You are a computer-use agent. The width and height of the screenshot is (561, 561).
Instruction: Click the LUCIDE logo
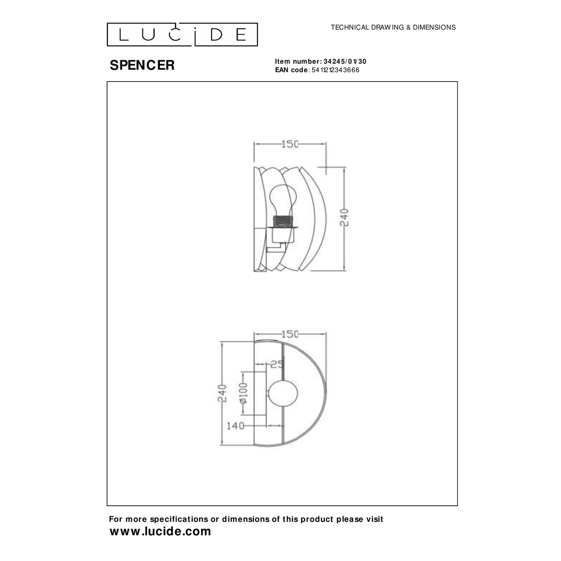[182, 35]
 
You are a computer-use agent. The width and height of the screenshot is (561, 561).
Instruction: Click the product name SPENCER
[142, 65]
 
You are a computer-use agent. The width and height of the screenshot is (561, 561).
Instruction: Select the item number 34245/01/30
[345, 61]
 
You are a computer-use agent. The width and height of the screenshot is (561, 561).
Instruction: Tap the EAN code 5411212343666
[335, 70]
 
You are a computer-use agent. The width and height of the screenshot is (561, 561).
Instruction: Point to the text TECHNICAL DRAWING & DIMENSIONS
[393, 28]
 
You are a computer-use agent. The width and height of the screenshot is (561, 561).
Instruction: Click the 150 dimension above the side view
[290, 144]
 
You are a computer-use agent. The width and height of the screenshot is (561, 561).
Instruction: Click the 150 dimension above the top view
[290, 334]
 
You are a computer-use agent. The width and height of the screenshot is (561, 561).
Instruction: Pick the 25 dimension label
[277, 364]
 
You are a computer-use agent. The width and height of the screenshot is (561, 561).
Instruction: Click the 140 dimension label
[235, 426]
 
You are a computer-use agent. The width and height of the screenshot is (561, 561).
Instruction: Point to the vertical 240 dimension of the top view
[222, 394]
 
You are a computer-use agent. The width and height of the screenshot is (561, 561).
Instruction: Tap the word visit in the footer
[373, 519]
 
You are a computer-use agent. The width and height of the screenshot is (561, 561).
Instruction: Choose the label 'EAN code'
[291, 70]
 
